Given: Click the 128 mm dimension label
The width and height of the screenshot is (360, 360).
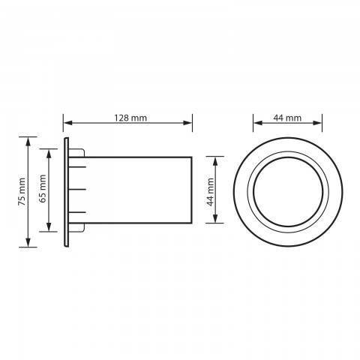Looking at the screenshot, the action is pyautogui.click(x=130, y=118).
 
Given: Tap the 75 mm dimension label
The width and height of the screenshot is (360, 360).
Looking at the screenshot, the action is pyautogui.click(x=22, y=192).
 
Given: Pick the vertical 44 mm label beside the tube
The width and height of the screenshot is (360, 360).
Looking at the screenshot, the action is pyautogui.click(x=210, y=192).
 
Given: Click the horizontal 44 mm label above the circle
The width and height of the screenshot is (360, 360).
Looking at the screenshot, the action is pyautogui.click(x=287, y=118).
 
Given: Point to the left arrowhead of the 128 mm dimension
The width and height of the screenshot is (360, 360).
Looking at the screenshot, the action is pyautogui.click(x=67, y=123).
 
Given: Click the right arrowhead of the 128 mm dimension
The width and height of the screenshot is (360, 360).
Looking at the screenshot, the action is pyautogui.click(x=187, y=123).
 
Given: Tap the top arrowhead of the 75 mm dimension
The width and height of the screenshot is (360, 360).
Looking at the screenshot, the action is pyautogui.click(x=28, y=142).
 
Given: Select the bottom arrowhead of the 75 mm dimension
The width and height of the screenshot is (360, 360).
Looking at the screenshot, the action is pyautogui.click(x=28, y=242).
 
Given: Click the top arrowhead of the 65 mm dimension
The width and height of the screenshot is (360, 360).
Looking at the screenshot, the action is pyautogui.click(x=49, y=154).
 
